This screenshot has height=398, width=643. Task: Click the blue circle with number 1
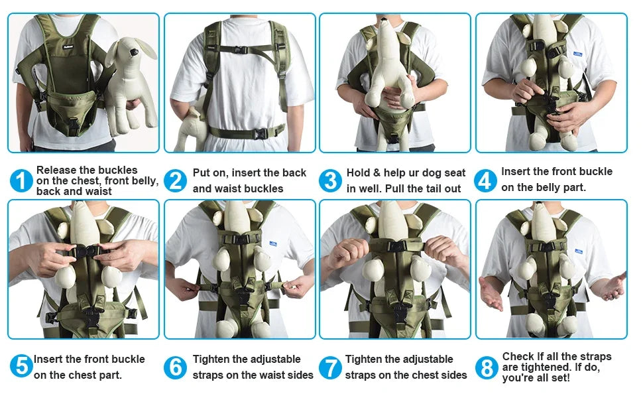click(x=21, y=180)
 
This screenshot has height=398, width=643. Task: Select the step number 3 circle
click(x=330, y=180)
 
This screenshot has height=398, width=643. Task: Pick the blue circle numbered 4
click(x=486, y=180)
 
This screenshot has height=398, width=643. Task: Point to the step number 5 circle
click(x=21, y=366)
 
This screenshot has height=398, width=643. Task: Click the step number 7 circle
click(x=330, y=367)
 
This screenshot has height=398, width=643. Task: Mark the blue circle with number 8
click(x=486, y=367)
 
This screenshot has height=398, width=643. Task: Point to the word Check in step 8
click(x=518, y=357)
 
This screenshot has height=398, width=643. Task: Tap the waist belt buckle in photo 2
click(x=261, y=133)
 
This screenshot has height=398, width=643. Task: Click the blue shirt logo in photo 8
click(x=579, y=251)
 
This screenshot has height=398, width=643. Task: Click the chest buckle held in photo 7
click(x=396, y=245)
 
